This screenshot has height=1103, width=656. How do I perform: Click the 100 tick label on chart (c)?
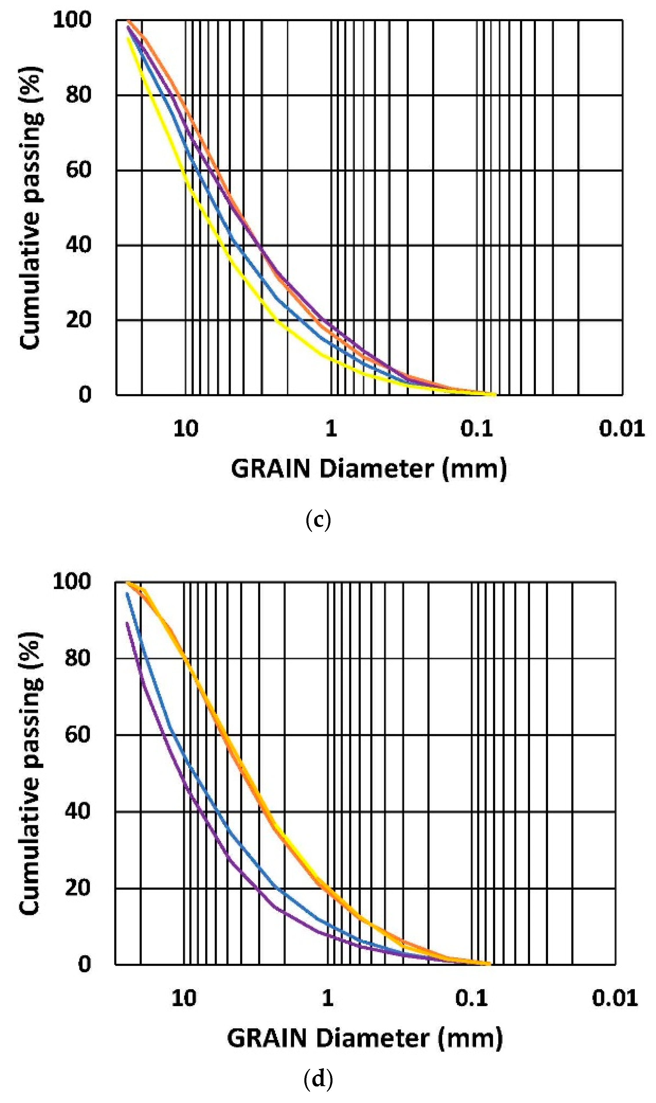72,20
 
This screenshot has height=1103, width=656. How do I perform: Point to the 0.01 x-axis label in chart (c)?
621,429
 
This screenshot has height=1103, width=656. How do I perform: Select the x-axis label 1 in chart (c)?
331,429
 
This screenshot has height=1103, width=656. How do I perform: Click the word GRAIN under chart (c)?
270,469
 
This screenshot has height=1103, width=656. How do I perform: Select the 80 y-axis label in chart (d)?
78,658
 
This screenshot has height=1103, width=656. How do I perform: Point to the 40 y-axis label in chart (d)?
78,811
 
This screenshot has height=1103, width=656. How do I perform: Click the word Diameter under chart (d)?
375,1039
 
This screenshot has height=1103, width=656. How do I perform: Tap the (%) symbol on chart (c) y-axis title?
31,84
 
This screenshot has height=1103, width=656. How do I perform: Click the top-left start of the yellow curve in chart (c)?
128,39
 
